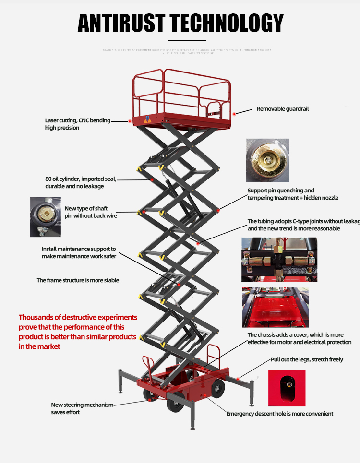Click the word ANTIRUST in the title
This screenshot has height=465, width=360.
coord(121,23)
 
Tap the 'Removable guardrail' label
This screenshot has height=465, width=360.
coord(283,109)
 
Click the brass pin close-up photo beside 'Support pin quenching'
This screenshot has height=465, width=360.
coord(267,160)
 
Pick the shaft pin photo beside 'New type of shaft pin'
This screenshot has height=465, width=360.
coord(45,216)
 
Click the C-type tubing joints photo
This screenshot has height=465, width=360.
coord(279,260)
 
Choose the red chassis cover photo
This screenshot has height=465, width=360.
coord(275,307)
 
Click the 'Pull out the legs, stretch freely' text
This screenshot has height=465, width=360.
coord(307,359)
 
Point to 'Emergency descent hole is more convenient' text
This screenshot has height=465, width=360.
coord(279,414)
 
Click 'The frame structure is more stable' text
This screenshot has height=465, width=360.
coord(78,280)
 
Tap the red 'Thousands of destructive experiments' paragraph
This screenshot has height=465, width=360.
coord(78,332)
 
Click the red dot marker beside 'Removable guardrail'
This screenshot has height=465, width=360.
coord(234,114)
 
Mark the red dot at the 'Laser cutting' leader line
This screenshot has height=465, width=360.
coord(130,121)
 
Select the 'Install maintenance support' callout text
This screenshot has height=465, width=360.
coord(79,253)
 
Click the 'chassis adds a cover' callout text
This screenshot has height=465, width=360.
coord(299,338)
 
